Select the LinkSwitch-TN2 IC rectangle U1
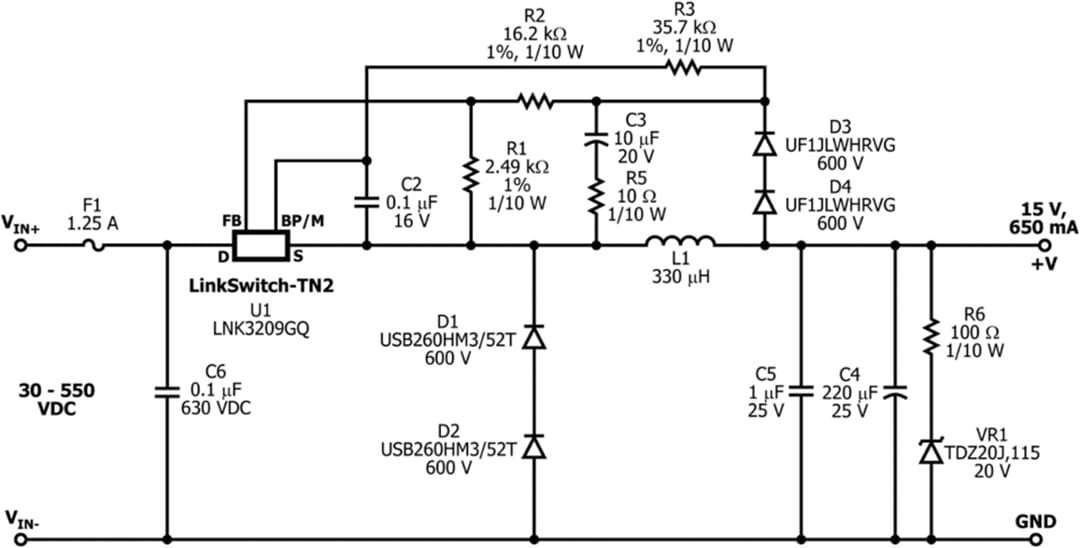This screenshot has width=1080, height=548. click(x=260, y=243)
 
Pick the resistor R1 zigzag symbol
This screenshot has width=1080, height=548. click(x=469, y=175)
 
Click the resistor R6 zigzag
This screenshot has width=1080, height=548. click(x=931, y=336)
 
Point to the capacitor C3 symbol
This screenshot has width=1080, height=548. click(x=596, y=140)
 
